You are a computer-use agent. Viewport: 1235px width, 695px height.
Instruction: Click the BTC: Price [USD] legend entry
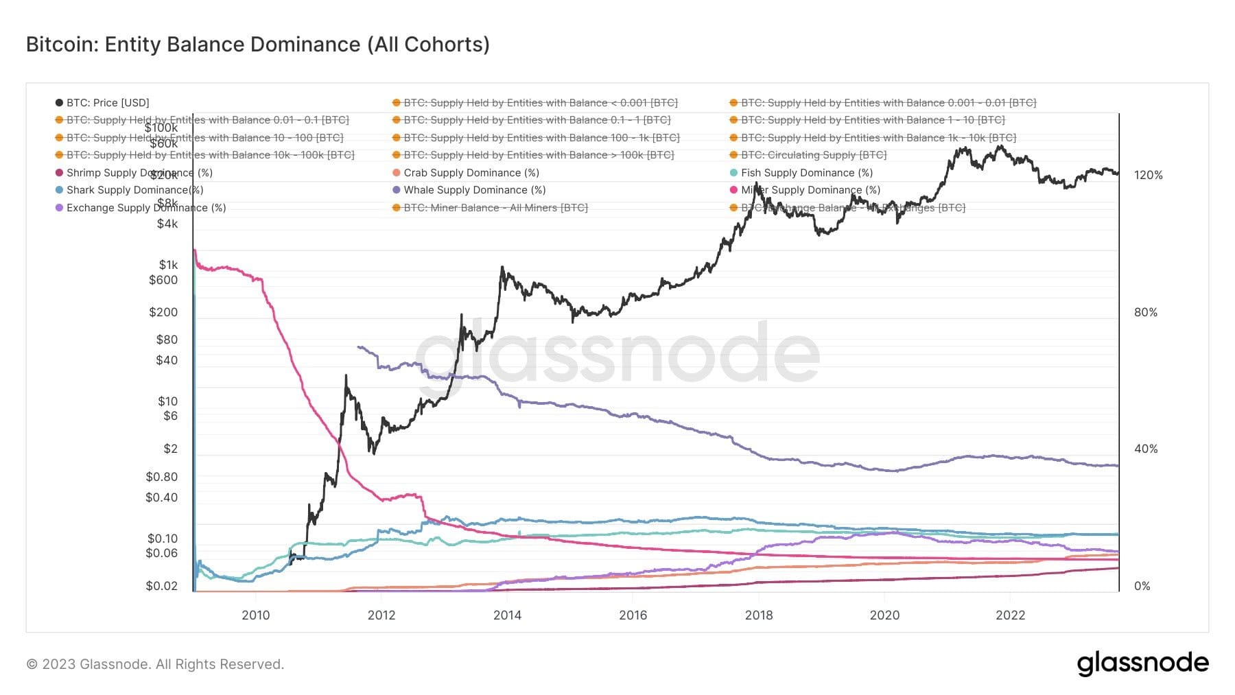click(107, 103)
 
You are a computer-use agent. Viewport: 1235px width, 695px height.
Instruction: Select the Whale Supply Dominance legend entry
click(474, 190)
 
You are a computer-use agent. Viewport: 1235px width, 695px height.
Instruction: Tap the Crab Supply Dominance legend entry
click(471, 173)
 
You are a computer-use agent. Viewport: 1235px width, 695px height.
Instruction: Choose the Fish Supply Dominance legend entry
click(806, 173)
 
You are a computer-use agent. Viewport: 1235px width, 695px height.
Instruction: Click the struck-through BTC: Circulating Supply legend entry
click(813, 155)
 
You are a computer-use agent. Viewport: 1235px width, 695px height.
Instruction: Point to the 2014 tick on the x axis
click(507, 615)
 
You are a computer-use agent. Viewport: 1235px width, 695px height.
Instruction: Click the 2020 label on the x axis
click(884, 615)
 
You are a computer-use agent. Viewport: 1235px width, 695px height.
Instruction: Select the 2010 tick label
click(255, 615)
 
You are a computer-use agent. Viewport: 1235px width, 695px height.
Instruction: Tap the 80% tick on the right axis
click(1145, 312)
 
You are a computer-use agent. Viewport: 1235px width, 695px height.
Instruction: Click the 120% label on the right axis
click(1148, 175)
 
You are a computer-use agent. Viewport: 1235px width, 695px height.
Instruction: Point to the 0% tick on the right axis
click(1142, 586)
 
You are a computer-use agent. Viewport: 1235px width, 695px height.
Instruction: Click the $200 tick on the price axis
click(163, 312)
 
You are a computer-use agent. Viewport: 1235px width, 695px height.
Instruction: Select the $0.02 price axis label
click(162, 586)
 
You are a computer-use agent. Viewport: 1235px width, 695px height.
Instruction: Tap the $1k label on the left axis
click(168, 265)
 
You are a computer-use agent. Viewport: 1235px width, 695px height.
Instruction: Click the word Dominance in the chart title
click(305, 45)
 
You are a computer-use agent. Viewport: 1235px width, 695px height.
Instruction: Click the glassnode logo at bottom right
click(1142, 663)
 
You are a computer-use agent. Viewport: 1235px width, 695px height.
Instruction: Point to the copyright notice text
click(155, 664)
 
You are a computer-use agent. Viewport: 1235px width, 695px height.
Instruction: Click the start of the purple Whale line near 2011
click(359, 347)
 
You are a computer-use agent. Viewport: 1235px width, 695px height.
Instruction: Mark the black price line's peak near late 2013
click(502, 268)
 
